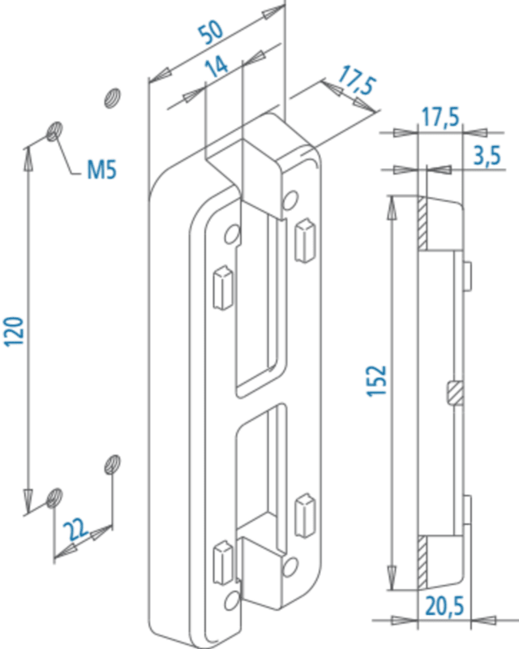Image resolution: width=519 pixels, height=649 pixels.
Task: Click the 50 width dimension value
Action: point(211,32)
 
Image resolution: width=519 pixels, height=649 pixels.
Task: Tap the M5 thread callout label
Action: point(102,170)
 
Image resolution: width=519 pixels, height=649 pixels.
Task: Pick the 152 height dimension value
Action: point(376,380)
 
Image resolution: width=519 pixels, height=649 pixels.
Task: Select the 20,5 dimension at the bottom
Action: point(445,607)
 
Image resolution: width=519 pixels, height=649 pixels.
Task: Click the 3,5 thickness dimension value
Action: point(487,156)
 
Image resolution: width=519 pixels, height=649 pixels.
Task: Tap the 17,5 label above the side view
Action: point(441,117)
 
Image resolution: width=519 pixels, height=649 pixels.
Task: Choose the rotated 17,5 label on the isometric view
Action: point(357,83)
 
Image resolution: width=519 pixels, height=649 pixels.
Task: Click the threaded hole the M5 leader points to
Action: point(54,131)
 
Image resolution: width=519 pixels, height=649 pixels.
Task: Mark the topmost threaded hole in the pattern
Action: point(112,98)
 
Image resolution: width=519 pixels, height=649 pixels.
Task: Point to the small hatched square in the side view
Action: point(456,393)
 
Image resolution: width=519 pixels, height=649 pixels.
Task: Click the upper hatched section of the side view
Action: point(422,223)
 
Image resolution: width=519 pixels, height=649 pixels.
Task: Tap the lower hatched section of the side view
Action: point(422,562)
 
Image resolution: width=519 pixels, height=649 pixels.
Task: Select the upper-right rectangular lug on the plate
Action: point(305,240)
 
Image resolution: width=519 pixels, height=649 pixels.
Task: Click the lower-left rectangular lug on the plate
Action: point(223,563)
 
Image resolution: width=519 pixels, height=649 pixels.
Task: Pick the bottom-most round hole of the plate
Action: point(232,600)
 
